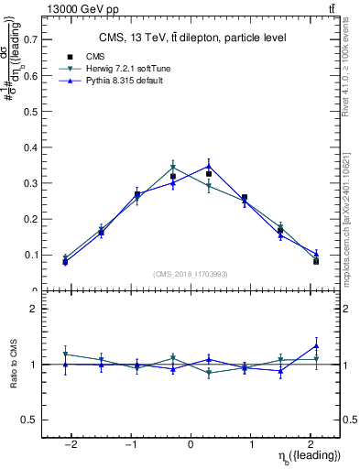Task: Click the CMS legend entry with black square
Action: (x=107, y=57)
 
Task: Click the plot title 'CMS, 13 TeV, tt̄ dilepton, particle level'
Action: (x=191, y=38)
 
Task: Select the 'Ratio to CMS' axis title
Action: (x=13, y=365)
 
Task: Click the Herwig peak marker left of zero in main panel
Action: (x=172, y=168)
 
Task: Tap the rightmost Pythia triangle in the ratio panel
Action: (x=316, y=345)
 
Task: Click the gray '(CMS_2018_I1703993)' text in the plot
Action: (x=191, y=273)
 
